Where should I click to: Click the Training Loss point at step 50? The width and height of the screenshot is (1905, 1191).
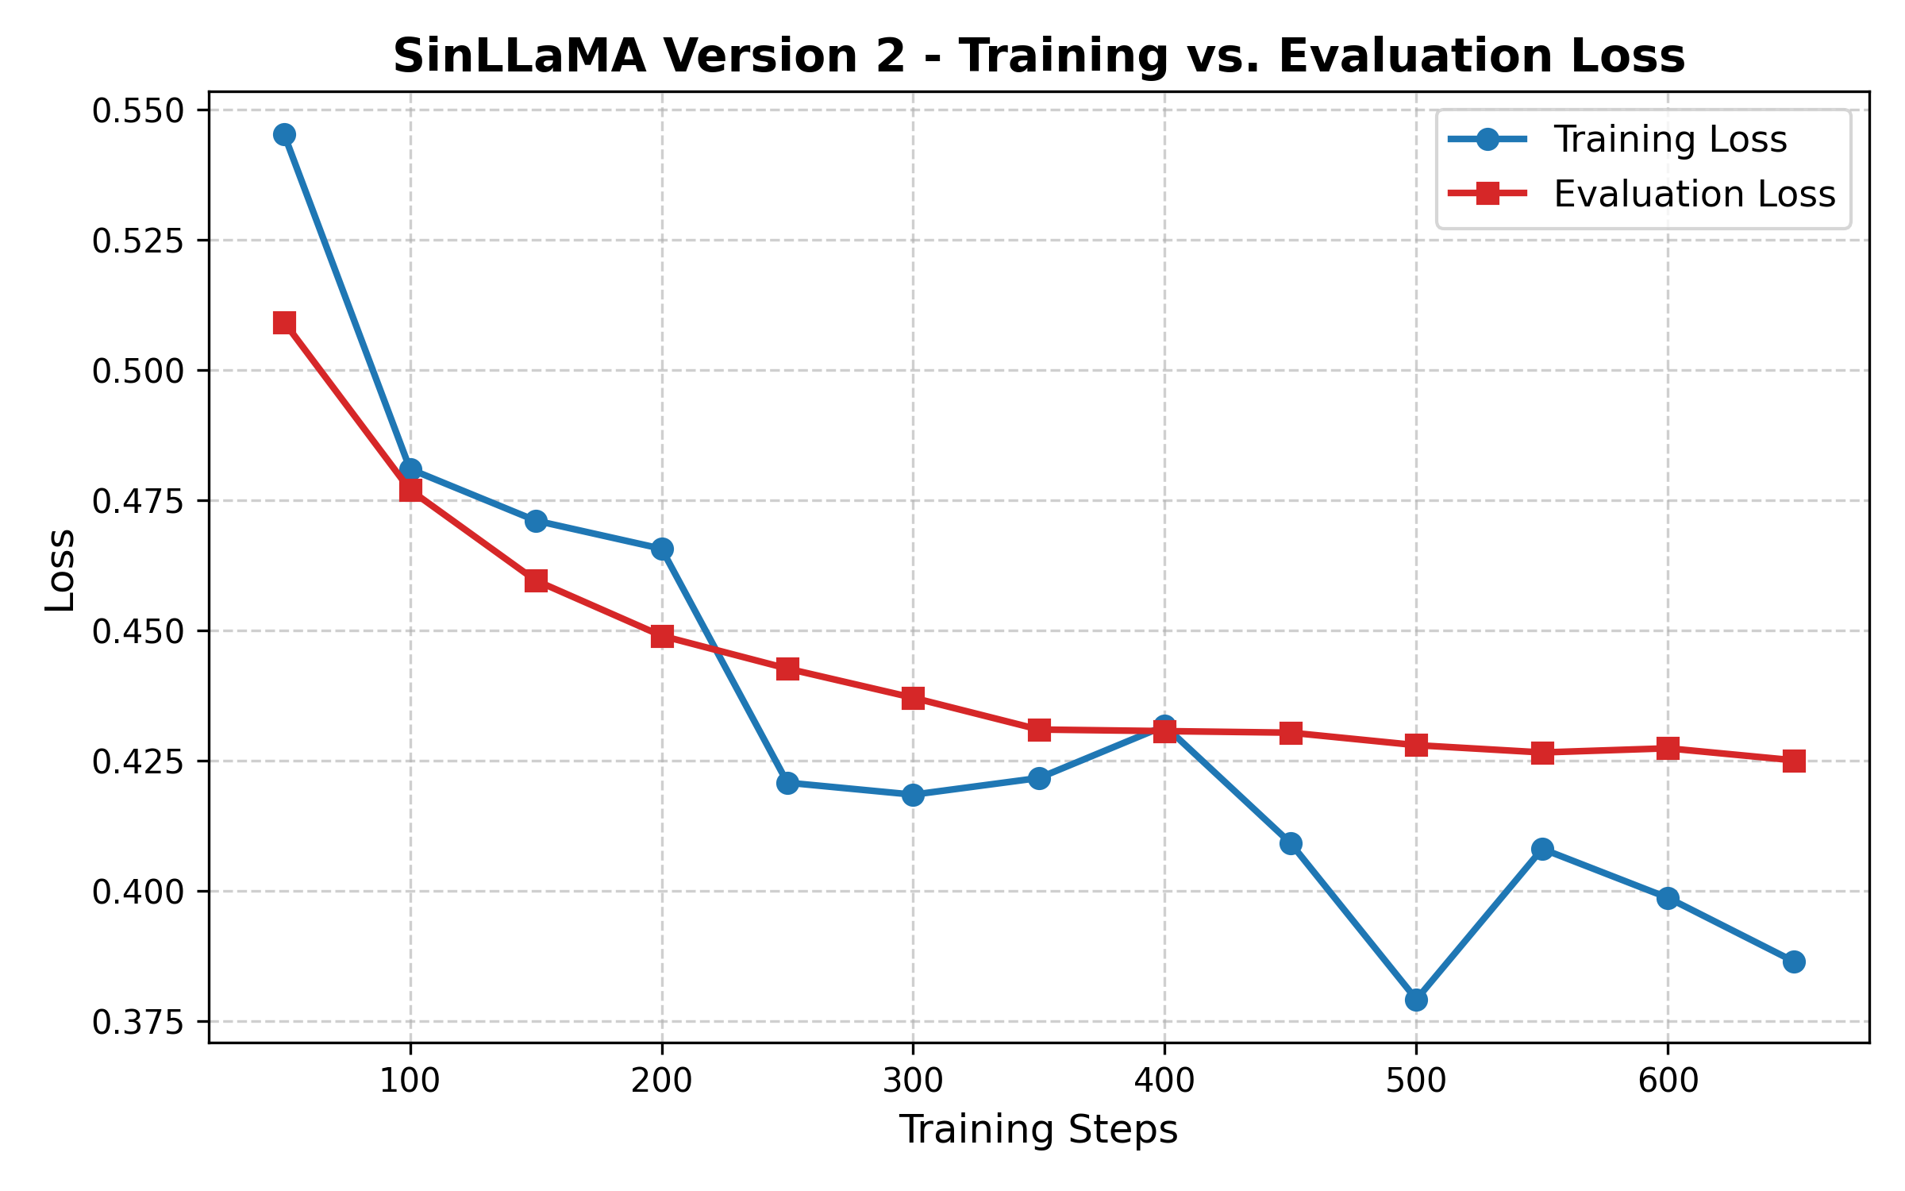coord(284,135)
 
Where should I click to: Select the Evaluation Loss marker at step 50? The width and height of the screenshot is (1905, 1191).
coord(284,322)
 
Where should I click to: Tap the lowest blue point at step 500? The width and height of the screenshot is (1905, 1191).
coord(1416,1000)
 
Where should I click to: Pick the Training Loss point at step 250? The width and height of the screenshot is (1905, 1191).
coord(787,783)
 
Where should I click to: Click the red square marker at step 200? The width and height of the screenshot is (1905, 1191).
coord(662,636)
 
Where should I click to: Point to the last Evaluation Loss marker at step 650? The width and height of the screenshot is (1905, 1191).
coord(1794,761)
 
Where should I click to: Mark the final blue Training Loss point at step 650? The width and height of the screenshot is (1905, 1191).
coord(1794,962)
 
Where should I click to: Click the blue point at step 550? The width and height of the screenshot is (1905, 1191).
coord(1542,849)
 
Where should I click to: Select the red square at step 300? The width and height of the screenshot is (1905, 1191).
coord(913,698)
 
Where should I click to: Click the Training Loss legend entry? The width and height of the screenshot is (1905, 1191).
coord(1669,140)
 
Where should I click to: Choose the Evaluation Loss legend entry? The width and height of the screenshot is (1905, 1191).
coord(1694,195)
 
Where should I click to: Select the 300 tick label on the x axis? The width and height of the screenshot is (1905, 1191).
coord(913,1081)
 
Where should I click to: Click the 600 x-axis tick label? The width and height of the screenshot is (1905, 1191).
coord(1668,1081)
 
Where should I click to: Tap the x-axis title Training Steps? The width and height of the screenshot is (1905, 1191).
coord(1038,1129)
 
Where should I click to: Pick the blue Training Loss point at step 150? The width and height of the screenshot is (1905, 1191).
coord(536,521)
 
